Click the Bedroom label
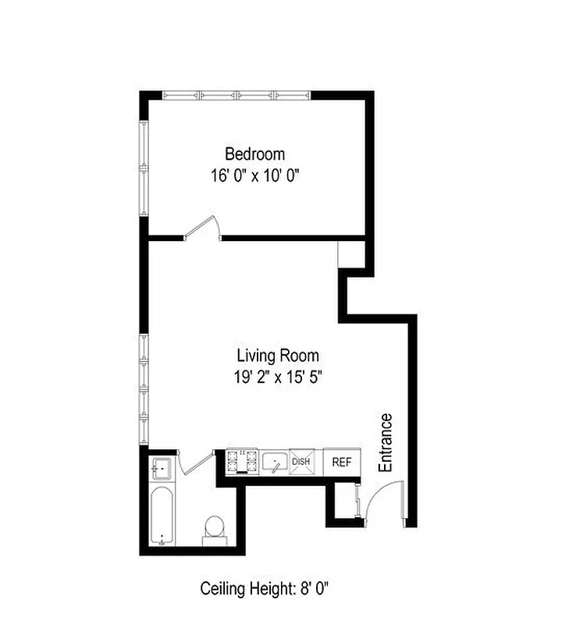(x=254, y=154)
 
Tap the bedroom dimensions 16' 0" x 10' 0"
(x=254, y=175)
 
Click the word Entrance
(x=386, y=442)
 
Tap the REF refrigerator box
(x=342, y=462)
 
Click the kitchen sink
(x=275, y=463)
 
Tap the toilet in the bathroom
(x=214, y=528)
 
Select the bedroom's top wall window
(x=237, y=95)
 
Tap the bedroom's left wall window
(x=144, y=168)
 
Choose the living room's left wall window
(x=144, y=388)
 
